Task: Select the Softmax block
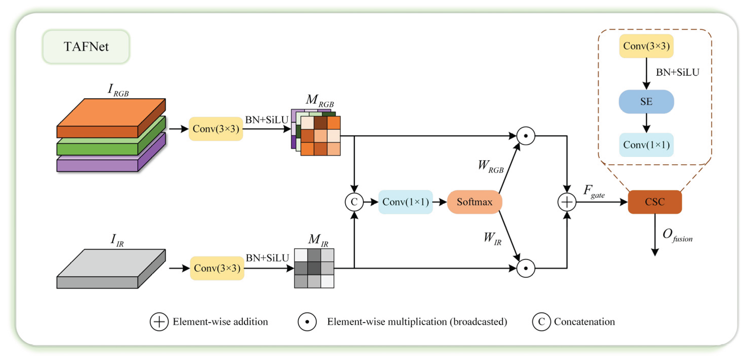(x=474, y=202)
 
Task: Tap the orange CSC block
(x=654, y=202)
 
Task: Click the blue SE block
(x=646, y=102)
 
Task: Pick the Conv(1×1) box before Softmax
(x=405, y=202)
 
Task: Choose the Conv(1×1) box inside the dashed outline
(x=646, y=145)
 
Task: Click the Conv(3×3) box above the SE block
(x=646, y=46)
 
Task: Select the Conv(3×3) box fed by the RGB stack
(x=216, y=129)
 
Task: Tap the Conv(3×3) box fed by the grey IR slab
(x=217, y=268)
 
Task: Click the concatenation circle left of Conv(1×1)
(x=354, y=202)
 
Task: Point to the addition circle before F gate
(x=567, y=202)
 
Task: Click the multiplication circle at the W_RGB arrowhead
(x=525, y=136)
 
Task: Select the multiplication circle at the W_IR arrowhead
(x=525, y=268)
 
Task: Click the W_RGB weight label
(x=491, y=166)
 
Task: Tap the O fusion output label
(x=677, y=235)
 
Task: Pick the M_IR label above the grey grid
(x=318, y=240)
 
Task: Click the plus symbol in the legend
(x=159, y=322)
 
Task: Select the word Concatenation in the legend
(x=584, y=322)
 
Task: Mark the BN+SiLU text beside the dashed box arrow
(x=677, y=72)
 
